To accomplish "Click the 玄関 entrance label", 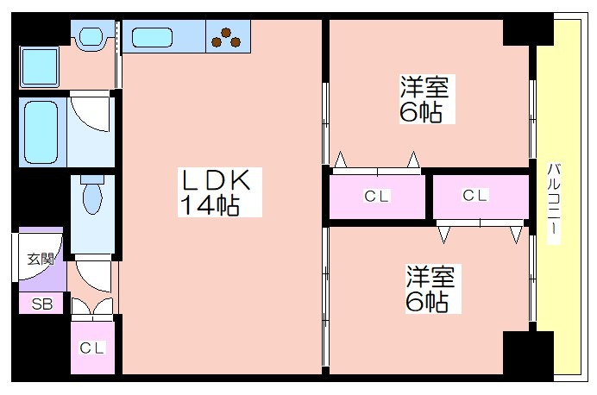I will (x=38, y=258).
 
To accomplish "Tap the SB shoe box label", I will (x=41, y=304).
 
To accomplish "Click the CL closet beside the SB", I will (x=92, y=348).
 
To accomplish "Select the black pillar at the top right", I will (x=526, y=31).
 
